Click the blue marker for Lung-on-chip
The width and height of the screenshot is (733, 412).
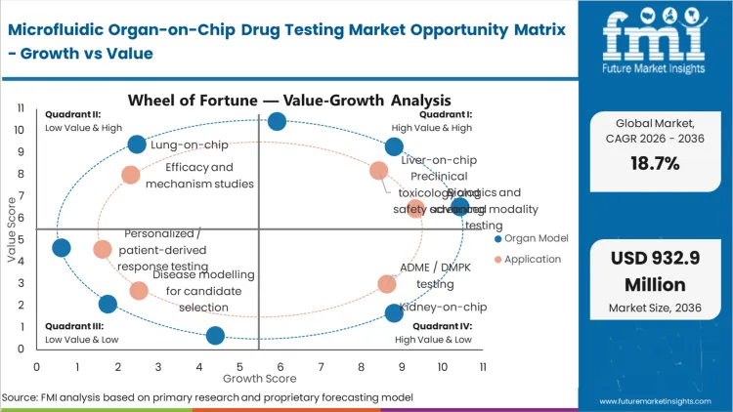tap(137, 144)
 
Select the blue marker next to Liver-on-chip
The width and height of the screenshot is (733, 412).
tap(394, 147)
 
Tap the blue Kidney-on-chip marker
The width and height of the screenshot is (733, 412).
tap(394, 312)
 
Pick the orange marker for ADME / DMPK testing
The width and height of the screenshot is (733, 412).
tap(387, 284)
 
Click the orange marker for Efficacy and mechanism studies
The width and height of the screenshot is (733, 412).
tap(130, 175)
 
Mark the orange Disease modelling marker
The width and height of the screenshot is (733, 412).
tap(139, 290)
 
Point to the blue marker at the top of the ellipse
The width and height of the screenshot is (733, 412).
tap(277, 121)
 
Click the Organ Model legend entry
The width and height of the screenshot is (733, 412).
tap(533, 238)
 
